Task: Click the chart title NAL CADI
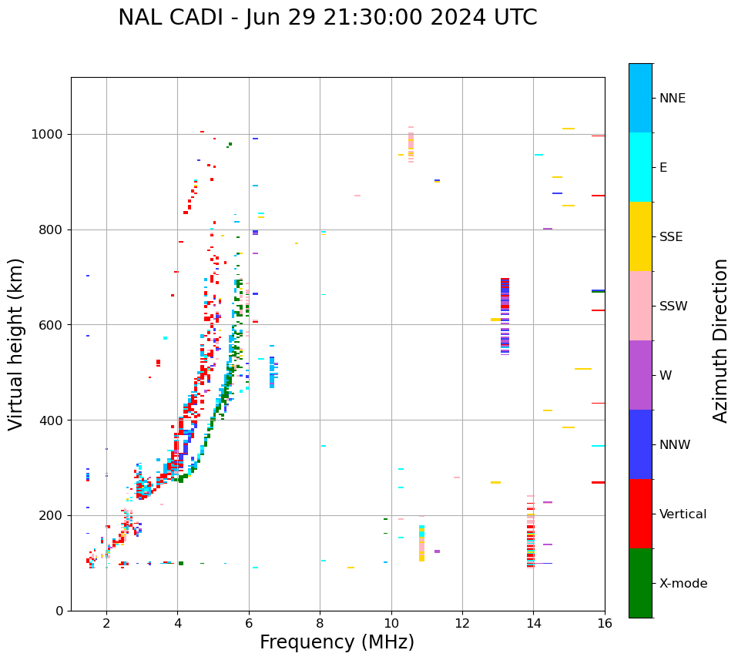(327, 18)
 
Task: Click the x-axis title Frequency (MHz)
(337, 642)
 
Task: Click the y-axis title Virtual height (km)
(16, 343)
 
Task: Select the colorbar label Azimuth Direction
(720, 340)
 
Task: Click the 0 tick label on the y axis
(59, 611)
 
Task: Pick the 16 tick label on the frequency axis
(605, 623)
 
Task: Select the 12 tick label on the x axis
(462, 623)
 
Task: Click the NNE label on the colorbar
(672, 99)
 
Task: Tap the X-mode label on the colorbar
(683, 584)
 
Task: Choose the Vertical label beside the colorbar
(683, 514)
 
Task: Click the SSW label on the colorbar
(673, 307)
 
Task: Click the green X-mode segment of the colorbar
(640, 583)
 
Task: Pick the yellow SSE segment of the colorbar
(640, 236)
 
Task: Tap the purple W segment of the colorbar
(640, 375)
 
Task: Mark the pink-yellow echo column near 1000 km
(411, 143)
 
